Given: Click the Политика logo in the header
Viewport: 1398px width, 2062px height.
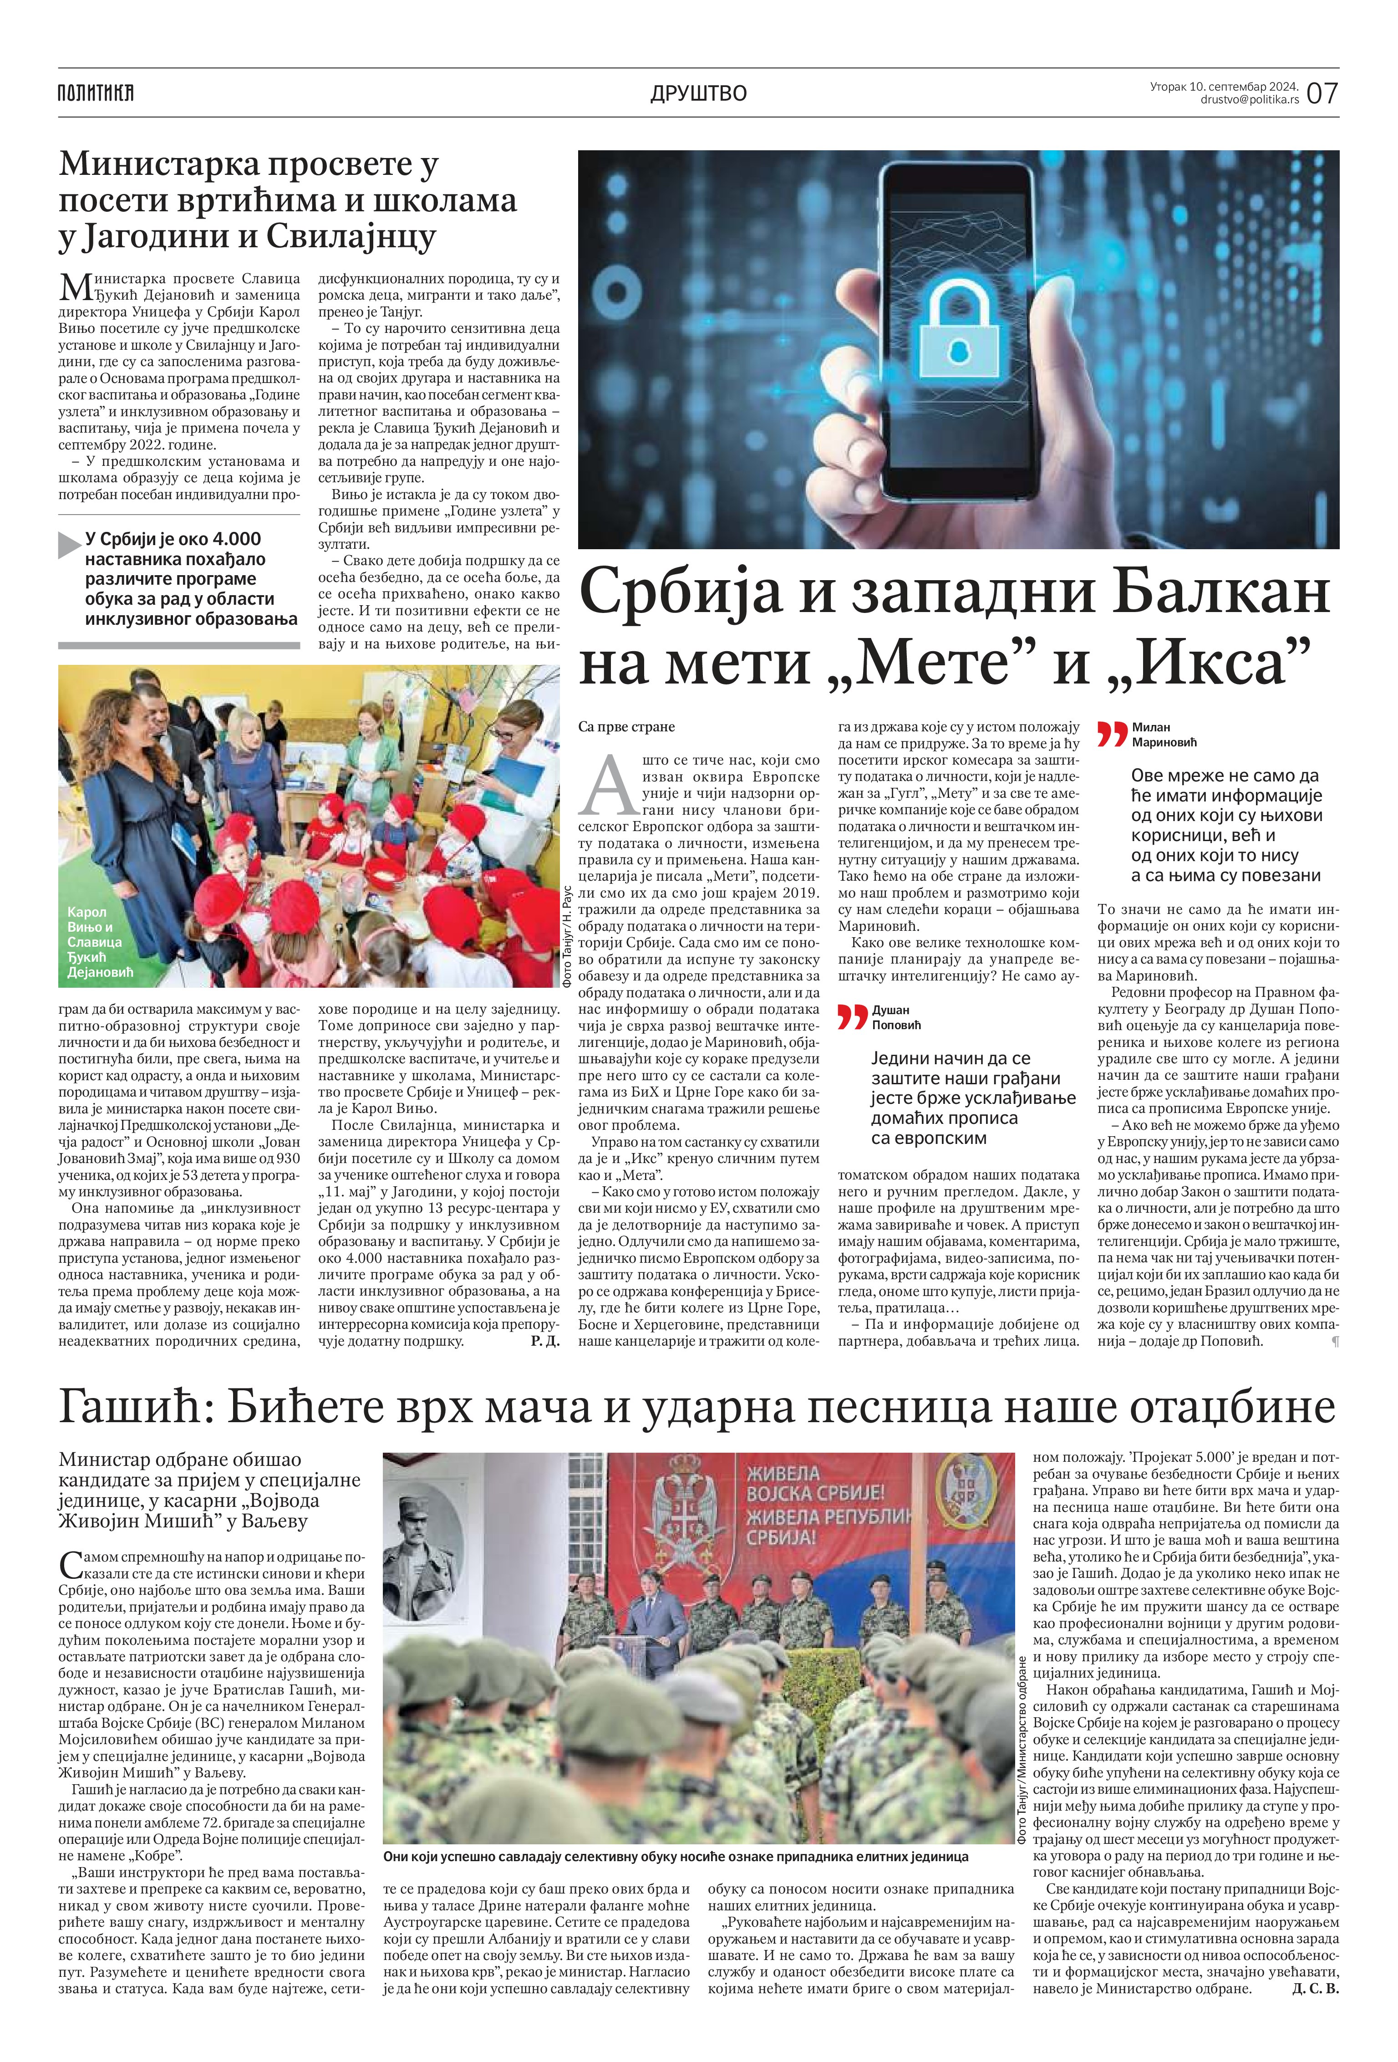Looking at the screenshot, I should pos(96,92).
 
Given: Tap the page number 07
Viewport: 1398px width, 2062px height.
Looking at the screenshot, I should pos(1322,92).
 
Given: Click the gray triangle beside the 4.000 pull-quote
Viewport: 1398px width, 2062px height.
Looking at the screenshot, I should pos(69,545).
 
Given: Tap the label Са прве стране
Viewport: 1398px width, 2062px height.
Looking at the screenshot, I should pos(626,727).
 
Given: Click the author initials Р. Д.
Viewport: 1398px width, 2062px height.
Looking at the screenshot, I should pos(544,1341).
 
